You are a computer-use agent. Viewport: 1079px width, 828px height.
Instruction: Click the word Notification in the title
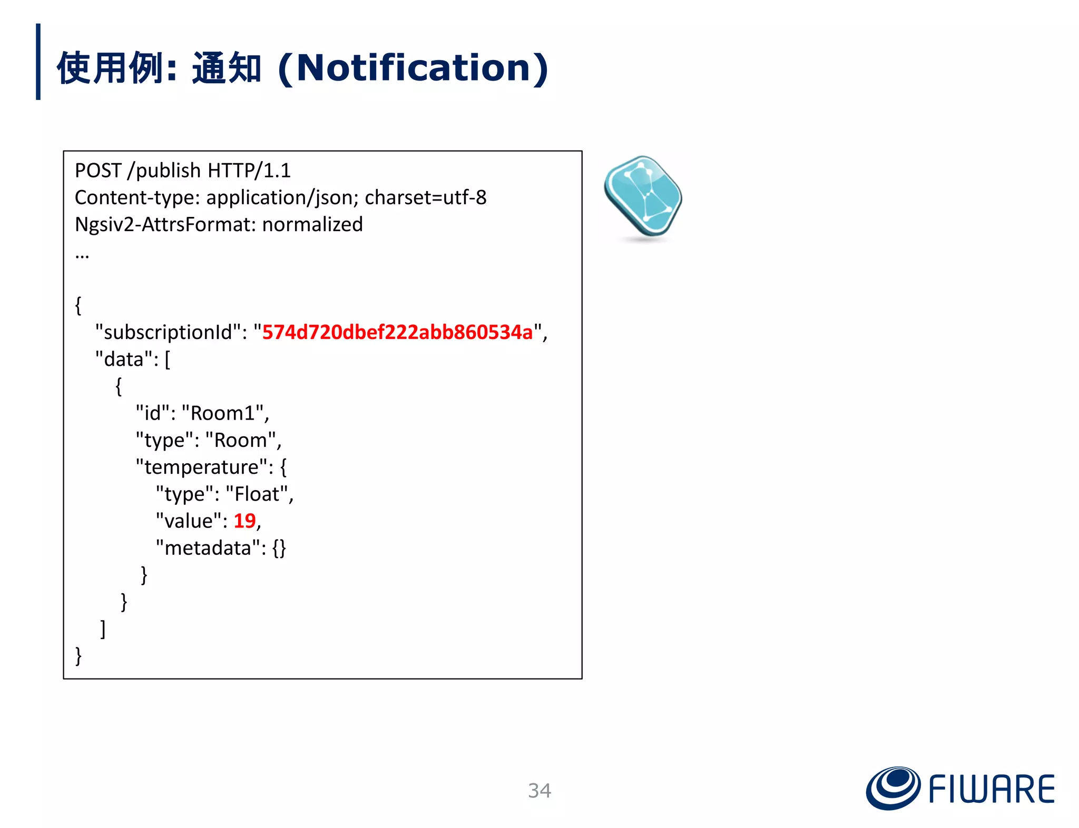(413, 68)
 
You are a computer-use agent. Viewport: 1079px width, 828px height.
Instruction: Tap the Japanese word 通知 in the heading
(227, 68)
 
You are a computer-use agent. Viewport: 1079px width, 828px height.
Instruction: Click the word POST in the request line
(98, 171)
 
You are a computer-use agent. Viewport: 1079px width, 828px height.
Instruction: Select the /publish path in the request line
(164, 171)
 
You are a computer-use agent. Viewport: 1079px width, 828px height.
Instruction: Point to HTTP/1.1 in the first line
(249, 171)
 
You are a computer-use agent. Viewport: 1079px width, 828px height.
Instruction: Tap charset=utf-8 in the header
(425, 197)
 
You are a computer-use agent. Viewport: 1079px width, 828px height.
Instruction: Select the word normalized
(312, 224)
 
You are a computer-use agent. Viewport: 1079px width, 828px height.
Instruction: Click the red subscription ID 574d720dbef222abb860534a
(397, 332)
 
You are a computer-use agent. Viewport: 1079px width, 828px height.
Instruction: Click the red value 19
(244, 521)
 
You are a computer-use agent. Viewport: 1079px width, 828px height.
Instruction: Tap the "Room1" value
(225, 413)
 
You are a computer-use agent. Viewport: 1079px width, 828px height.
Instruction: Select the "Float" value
(257, 494)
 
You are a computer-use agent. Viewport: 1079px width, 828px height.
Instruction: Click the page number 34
(539, 790)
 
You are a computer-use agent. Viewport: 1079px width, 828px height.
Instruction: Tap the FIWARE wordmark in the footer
(991, 789)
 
